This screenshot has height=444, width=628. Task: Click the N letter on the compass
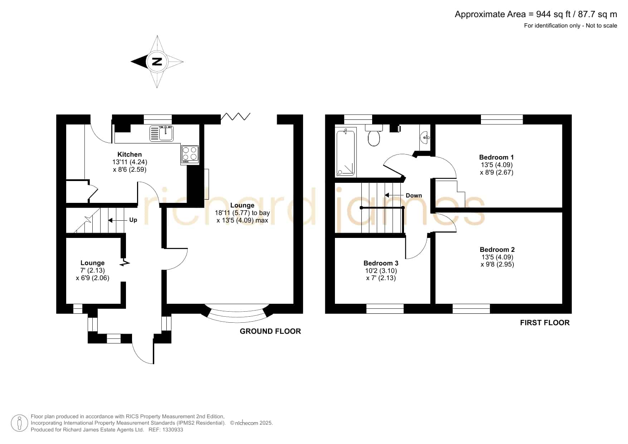coord(157,62)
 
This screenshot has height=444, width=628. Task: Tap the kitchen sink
coord(161,133)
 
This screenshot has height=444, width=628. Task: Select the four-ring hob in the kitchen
coord(190,155)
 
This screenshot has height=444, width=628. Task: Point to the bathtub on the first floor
coord(346,152)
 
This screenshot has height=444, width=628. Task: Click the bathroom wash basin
coord(425,137)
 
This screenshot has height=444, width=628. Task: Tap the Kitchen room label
coord(130,154)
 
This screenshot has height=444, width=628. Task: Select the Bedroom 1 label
coord(496,157)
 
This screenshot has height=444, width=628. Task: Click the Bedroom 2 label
coord(497,249)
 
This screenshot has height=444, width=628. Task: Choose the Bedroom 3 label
coord(381,263)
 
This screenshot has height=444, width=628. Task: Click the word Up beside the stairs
coord(133,220)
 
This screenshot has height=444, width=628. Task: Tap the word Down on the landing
coord(414,195)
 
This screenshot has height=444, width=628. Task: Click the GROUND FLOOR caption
coord(270,331)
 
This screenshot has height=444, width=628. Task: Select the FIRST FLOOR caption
coord(545,323)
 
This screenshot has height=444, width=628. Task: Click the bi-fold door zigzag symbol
coord(235,116)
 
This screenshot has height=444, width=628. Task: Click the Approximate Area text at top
coord(536,14)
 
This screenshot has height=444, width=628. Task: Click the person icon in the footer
coord(19,423)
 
